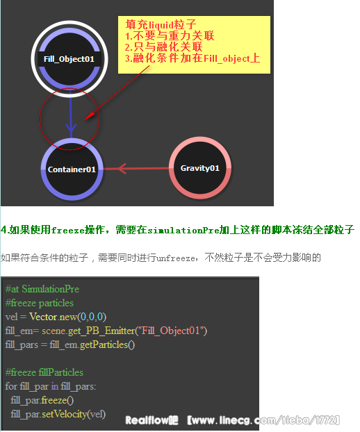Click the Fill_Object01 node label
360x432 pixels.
coord(69,59)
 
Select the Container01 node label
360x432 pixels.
coord(72,169)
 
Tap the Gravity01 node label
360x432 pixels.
coord(200,168)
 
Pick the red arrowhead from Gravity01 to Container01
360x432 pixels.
coord(122,168)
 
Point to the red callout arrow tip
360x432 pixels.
coord(85,119)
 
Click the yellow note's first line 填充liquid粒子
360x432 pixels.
coord(161,24)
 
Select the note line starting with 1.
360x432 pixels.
coord(170,36)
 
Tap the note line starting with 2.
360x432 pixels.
coord(164,47)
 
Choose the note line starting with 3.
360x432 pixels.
coord(193,58)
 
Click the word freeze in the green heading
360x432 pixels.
coord(68,230)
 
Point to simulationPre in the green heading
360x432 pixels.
coord(183,230)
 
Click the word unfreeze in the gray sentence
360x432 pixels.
coord(176,258)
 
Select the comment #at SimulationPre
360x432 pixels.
coord(42,289)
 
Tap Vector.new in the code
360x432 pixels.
coord(54,317)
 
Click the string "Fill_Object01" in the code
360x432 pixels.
coord(170,331)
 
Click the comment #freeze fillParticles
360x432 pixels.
coord(44,372)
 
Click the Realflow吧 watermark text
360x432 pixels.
coord(152,420)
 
